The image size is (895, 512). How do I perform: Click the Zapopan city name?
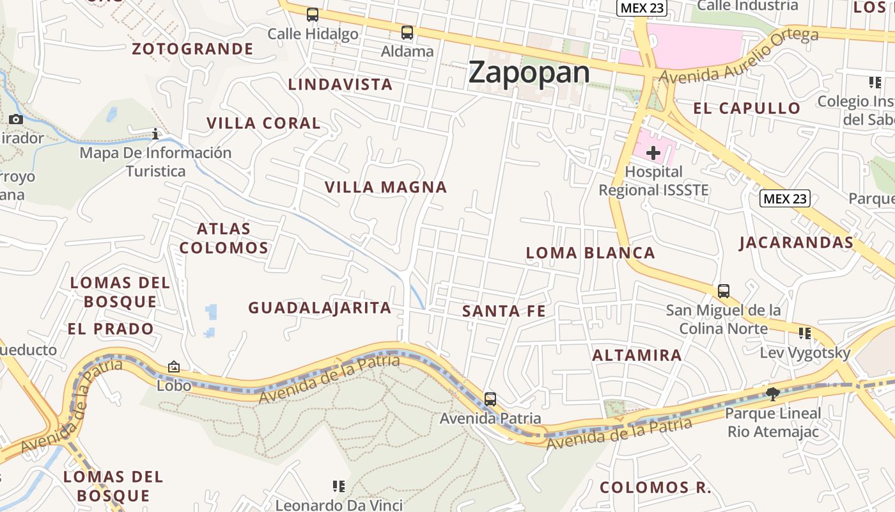529,72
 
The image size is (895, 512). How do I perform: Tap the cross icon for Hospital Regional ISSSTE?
653,153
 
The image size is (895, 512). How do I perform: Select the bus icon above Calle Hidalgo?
313,14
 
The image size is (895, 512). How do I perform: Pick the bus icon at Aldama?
407,32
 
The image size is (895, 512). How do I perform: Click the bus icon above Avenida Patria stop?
490,399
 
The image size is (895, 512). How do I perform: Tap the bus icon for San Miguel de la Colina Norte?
724,291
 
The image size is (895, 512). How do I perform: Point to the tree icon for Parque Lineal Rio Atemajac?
773,394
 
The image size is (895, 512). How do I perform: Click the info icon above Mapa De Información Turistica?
155,134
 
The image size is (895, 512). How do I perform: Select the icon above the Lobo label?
174,367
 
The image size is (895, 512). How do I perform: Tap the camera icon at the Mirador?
16,119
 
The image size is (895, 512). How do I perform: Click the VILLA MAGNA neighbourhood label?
385,187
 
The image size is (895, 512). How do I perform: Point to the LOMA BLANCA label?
590,253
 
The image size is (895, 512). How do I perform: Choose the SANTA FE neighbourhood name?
504,311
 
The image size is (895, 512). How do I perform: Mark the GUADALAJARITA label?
320,308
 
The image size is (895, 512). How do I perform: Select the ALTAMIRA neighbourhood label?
637,355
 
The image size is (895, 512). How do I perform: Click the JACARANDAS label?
796,243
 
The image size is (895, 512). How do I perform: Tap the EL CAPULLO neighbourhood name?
747,108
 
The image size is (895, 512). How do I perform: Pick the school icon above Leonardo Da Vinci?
339,486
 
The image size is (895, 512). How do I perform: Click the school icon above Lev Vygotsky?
805,333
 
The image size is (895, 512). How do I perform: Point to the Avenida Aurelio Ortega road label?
738,56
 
